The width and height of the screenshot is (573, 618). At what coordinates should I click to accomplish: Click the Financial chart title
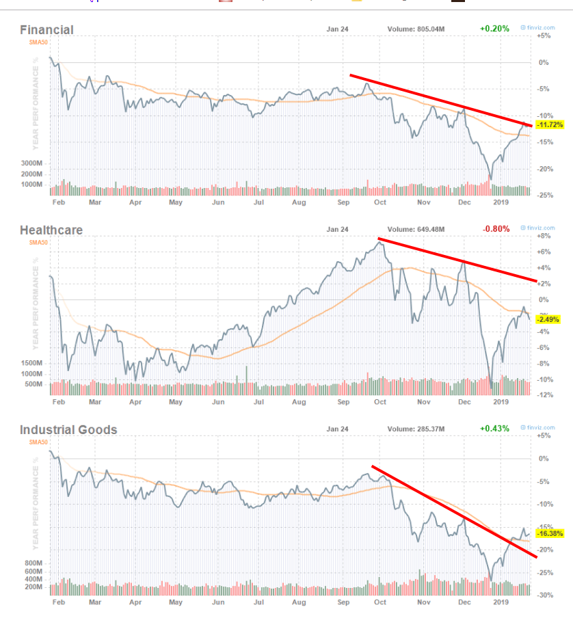[x=46, y=29]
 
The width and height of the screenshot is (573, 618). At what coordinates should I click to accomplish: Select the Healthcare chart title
[x=51, y=230]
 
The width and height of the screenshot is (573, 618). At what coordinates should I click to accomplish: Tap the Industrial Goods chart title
[x=68, y=429]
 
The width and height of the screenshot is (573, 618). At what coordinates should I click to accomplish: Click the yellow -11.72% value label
[x=549, y=125]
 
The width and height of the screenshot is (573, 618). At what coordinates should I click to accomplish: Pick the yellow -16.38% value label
[x=549, y=533]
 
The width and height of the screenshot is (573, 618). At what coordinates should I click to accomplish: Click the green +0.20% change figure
[x=494, y=29]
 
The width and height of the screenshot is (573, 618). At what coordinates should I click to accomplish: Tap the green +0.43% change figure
[x=494, y=429]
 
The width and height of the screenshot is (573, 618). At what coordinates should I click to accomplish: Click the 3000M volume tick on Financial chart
[x=32, y=164]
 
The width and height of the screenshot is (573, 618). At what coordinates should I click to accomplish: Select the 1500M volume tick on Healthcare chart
[x=32, y=364]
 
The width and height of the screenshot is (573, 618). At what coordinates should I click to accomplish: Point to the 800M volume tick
[x=34, y=563]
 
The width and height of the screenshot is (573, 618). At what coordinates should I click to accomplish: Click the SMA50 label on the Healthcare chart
[x=38, y=241]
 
